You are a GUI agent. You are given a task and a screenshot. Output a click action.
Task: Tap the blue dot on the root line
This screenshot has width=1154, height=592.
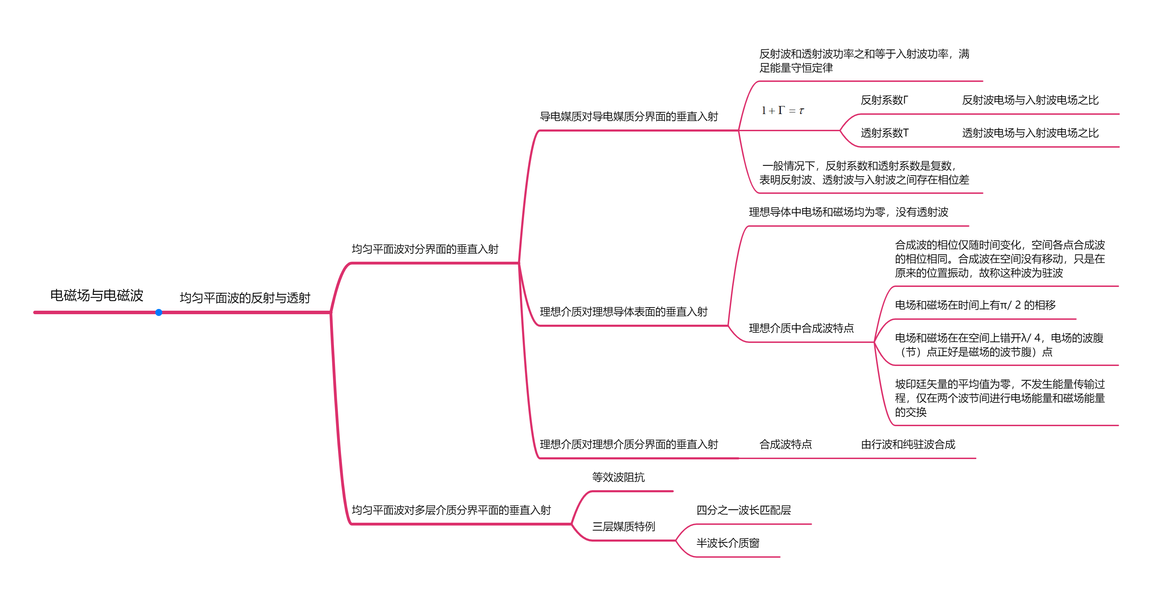158,312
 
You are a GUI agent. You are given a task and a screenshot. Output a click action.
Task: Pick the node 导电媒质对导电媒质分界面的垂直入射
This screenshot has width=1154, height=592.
628,117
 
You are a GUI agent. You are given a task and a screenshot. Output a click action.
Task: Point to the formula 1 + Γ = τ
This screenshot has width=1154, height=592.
782,111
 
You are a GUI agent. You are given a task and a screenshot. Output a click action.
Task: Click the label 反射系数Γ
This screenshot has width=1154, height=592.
884,100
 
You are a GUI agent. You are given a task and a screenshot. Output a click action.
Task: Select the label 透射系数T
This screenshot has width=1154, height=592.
884,133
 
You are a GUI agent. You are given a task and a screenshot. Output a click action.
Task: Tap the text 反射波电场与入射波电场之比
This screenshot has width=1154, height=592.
1030,100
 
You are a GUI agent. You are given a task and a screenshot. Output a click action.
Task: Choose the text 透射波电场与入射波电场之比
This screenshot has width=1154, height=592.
1030,133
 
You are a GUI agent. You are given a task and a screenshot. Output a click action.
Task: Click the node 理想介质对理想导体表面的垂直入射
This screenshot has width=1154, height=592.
623,312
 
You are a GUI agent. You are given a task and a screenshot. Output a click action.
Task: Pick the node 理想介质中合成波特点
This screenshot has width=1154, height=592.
801,329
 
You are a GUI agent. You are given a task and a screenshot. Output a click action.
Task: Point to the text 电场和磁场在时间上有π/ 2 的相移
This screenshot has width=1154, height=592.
975,305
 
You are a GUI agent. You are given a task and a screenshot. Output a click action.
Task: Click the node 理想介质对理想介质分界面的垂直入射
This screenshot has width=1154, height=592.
628,445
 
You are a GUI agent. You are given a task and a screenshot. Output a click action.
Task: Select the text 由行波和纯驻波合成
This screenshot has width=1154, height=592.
908,445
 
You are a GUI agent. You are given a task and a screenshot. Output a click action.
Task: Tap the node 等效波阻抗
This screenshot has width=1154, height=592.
618,477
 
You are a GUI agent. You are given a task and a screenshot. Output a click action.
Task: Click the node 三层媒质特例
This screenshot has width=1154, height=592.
624,527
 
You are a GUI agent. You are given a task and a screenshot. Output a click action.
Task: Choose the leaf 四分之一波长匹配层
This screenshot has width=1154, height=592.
743,510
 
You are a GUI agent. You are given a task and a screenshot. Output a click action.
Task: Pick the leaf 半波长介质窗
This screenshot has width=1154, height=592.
727,543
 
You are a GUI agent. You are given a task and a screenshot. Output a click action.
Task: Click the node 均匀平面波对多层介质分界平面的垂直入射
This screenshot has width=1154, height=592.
451,510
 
